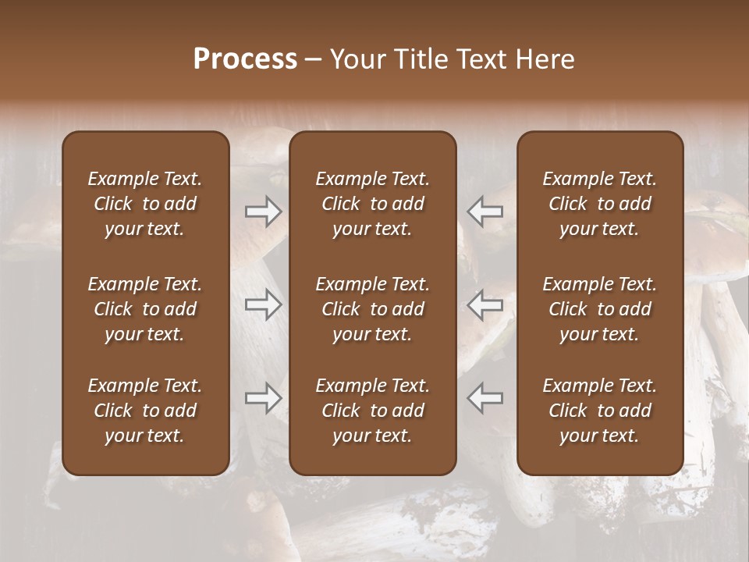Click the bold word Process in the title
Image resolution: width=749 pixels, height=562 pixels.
[245, 59]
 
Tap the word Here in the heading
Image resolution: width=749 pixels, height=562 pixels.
[544, 59]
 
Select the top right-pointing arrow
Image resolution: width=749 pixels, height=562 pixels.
[263, 212]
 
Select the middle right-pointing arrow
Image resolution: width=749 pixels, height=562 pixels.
[263, 304]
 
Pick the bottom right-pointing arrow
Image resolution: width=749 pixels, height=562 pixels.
[263, 399]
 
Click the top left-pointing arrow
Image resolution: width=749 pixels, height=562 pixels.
[485, 212]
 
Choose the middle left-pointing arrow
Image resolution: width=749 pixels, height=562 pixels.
[485, 304]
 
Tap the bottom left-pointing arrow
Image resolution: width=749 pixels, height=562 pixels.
[485, 399]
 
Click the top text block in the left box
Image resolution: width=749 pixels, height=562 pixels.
[145, 204]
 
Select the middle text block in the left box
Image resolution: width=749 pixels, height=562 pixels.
[145, 309]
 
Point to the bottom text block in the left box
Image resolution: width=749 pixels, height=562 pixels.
[145, 411]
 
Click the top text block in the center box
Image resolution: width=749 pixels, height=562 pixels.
[373, 204]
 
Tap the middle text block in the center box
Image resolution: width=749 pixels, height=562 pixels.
[373, 309]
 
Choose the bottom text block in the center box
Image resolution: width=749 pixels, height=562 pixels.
[373, 411]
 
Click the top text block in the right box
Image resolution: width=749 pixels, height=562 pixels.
[600, 204]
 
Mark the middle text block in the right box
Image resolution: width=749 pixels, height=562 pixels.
[600, 309]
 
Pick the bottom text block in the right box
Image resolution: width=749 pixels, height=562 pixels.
[600, 411]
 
